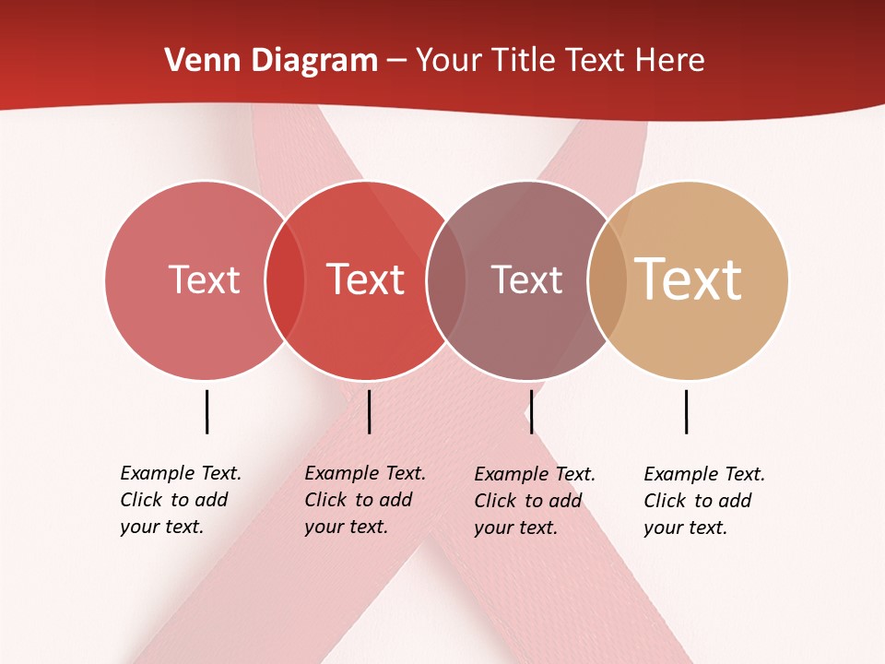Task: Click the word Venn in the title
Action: (195, 61)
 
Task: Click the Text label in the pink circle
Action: (204, 279)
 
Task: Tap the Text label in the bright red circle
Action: (366, 279)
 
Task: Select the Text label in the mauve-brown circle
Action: (526, 279)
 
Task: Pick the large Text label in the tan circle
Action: (689, 279)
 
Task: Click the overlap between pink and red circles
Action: (285, 279)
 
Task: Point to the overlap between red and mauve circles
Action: (446, 279)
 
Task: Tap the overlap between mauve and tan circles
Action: (608, 279)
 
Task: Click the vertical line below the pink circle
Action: (206, 411)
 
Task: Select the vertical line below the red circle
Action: (369, 411)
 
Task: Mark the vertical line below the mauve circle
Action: (531, 411)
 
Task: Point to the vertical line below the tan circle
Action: (686, 411)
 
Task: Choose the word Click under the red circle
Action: (325, 500)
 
